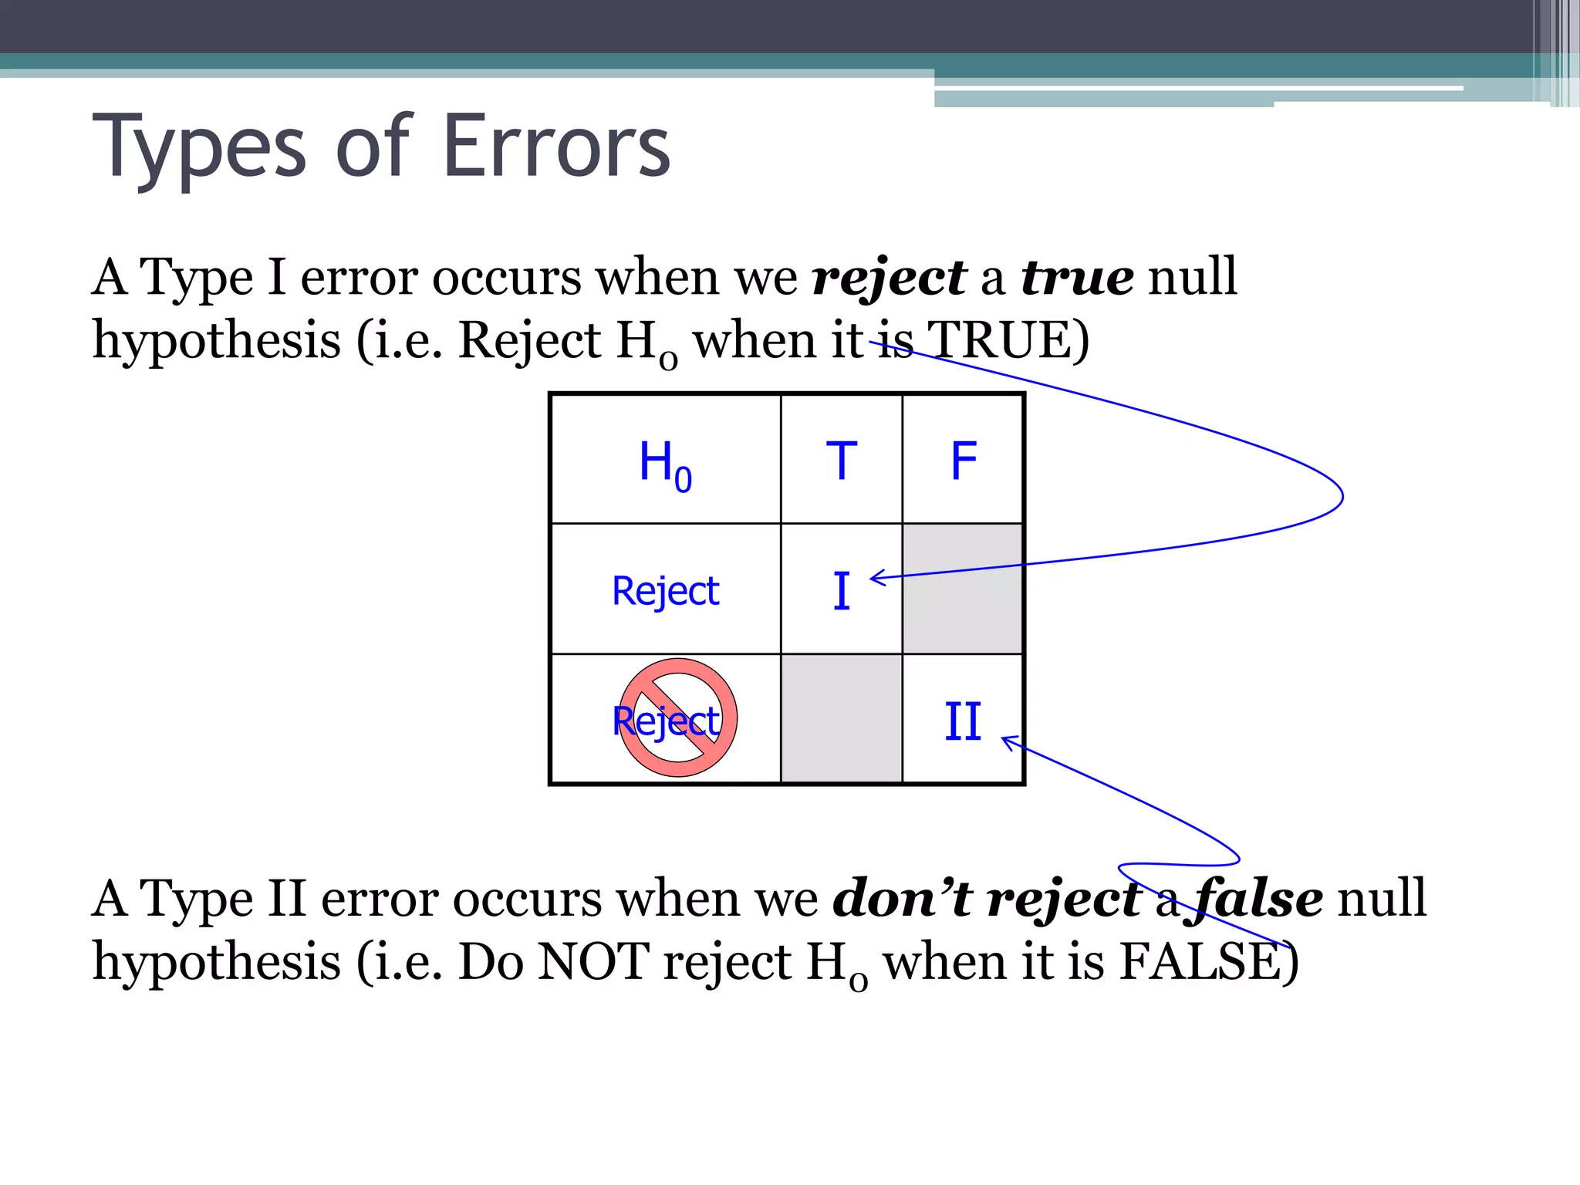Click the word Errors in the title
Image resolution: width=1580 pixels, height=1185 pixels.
(x=556, y=147)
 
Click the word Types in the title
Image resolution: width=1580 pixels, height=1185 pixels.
(x=199, y=147)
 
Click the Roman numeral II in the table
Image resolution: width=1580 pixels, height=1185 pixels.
(x=963, y=722)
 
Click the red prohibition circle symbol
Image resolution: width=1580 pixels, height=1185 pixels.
(x=677, y=717)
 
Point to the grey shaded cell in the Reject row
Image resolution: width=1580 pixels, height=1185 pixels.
(x=963, y=589)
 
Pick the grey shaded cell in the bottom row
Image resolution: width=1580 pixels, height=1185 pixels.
(x=841, y=719)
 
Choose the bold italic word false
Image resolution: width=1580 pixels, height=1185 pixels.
(x=1260, y=899)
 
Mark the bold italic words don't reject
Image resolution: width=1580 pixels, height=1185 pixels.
(x=987, y=899)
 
